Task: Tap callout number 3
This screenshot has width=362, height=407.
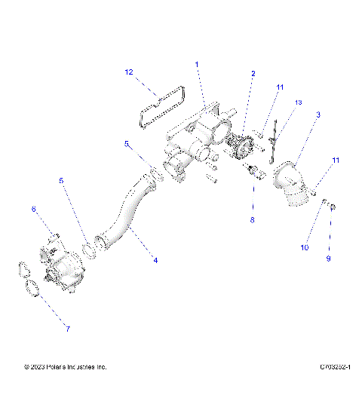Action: (318, 115)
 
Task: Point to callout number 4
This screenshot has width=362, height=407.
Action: (155, 260)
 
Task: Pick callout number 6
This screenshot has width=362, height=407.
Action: (33, 208)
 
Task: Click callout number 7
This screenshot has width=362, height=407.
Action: (67, 329)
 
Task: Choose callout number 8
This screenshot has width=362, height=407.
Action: (253, 220)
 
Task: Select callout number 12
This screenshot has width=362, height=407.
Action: (129, 72)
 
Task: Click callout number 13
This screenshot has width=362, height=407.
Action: (298, 102)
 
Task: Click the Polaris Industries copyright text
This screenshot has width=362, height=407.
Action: (65, 367)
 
